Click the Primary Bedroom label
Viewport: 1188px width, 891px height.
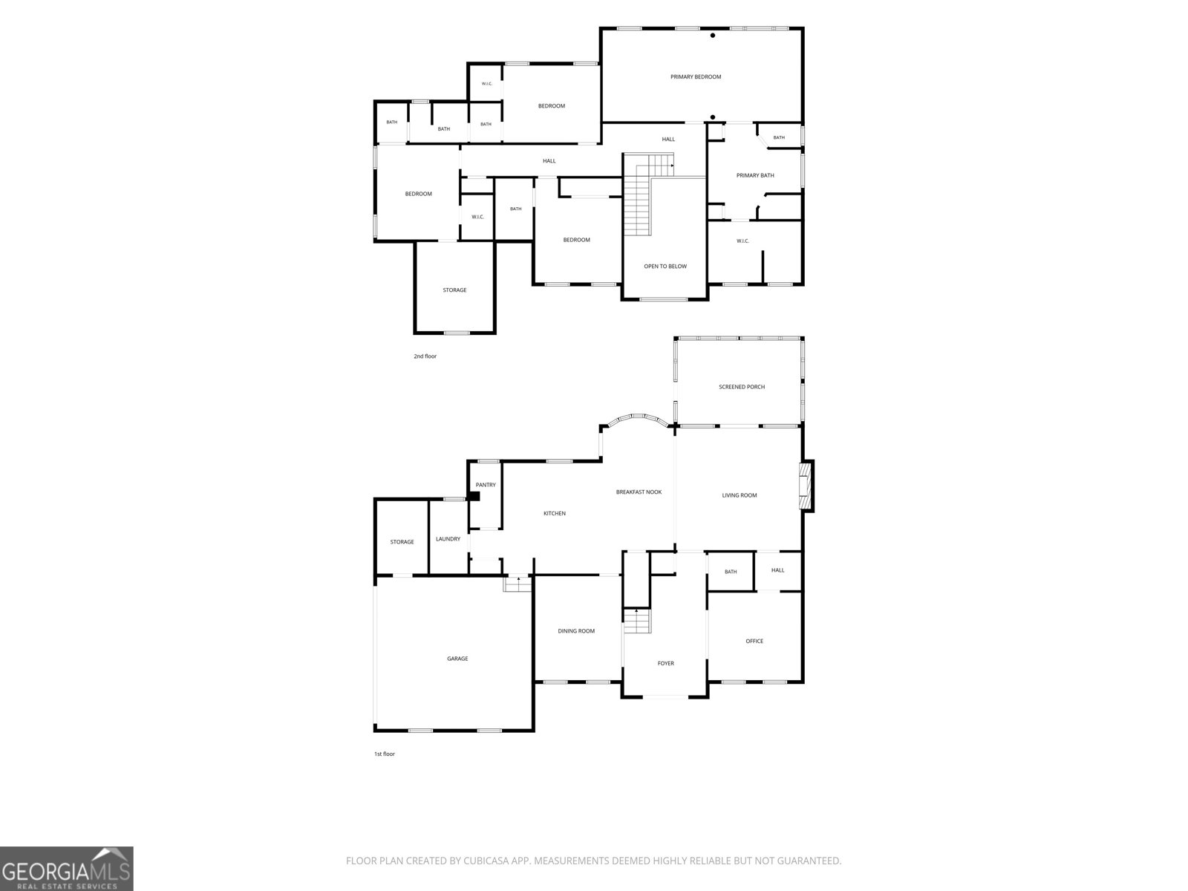tap(696, 76)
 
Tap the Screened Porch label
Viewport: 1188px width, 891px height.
tap(742, 387)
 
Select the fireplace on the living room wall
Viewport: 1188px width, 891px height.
tap(807, 486)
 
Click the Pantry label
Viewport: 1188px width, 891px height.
tap(486, 485)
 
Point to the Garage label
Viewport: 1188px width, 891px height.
tap(457, 659)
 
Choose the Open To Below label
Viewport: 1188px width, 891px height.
tap(665, 266)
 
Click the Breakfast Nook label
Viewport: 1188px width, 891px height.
tap(639, 492)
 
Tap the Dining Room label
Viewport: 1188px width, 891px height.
tap(576, 631)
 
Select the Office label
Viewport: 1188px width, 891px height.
tap(754, 641)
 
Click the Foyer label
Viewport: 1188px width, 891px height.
tap(666, 663)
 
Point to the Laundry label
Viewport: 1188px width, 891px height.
tap(448, 539)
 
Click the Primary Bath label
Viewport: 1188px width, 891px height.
tap(755, 175)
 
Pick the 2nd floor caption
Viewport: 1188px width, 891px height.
tap(425, 356)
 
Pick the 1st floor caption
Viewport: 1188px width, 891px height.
tap(385, 754)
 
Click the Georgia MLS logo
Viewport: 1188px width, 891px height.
tap(67, 869)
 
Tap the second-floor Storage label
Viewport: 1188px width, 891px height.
tap(454, 290)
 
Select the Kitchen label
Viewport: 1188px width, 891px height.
tap(554, 513)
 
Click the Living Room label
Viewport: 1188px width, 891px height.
tap(740, 495)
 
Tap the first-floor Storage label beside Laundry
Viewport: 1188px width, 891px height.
tap(402, 541)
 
